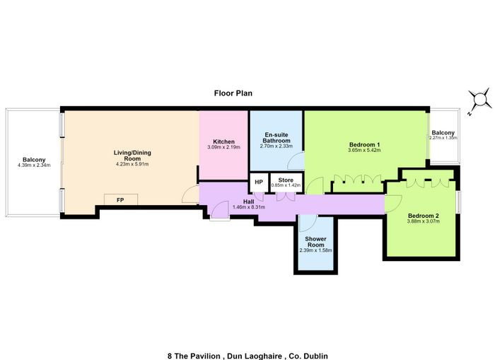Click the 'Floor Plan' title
tap(233, 93)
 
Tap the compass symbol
tap(480, 100)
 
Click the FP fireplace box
tap(121, 200)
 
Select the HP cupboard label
tap(259, 182)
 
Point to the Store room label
tap(286, 180)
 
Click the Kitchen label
tap(224, 141)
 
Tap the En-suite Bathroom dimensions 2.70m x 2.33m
tap(276, 146)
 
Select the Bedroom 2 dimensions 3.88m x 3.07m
tap(424, 221)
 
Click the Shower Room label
tap(315, 242)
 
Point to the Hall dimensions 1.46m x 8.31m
tap(249, 207)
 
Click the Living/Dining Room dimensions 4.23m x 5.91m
tap(132, 164)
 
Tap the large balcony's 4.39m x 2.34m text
tap(34, 166)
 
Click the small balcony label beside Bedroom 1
tap(443, 133)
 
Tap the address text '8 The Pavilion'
tap(194, 356)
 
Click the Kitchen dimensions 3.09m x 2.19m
tap(224, 147)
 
